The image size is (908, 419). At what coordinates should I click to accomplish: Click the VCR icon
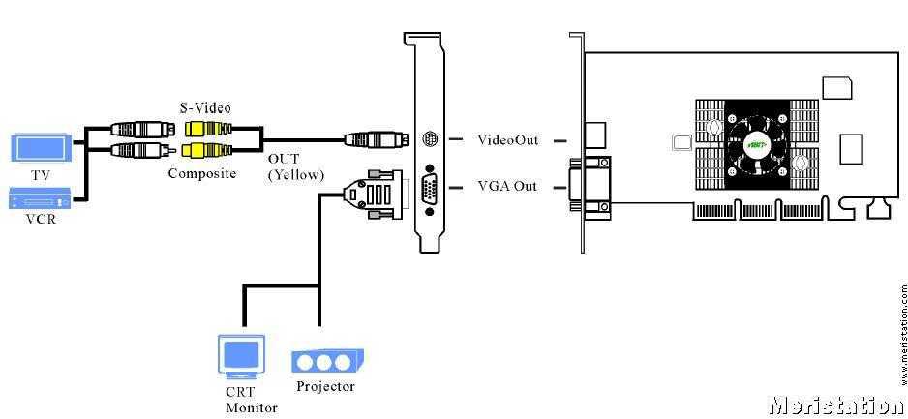click(x=40, y=200)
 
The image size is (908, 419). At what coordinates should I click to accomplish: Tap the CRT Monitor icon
click(x=241, y=356)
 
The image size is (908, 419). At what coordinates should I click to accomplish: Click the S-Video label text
click(x=205, y=105)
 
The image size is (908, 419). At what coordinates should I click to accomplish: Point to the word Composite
click(x=202, y=173)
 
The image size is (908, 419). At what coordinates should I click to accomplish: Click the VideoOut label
click(x=507, y=140)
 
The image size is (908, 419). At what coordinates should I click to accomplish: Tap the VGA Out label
click(x=507, y=186)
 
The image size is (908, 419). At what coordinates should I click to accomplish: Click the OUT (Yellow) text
click(x=295, y=165)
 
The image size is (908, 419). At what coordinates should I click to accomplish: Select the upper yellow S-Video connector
click(x=209, y=128)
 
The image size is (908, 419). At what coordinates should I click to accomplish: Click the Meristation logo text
click(x=835, y=404)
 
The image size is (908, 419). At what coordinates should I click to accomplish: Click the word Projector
click(x=325, y=387)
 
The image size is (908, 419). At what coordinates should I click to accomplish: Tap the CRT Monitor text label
click(x=251, y=399)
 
